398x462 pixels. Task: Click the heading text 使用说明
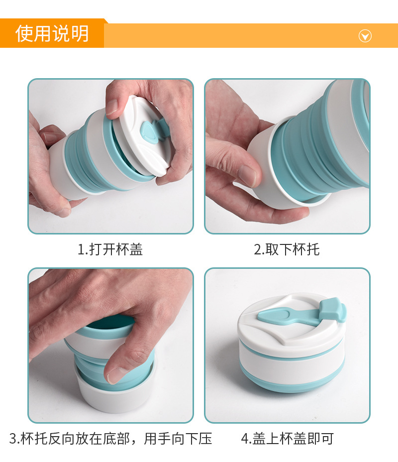(52, 34)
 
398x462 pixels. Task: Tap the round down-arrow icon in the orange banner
(365, 35)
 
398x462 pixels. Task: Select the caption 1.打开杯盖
(110, 249)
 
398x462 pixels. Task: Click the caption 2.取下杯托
(287, 249)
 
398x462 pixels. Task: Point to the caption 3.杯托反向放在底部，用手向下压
(110, 439)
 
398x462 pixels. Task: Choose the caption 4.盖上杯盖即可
(287, 439)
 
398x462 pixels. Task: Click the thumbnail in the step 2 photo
(246, 174)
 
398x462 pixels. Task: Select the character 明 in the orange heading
(80, 34)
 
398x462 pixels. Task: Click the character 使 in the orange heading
(24, 34)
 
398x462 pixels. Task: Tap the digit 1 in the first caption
(81, 249)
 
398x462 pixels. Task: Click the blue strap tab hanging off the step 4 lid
(332, 310)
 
